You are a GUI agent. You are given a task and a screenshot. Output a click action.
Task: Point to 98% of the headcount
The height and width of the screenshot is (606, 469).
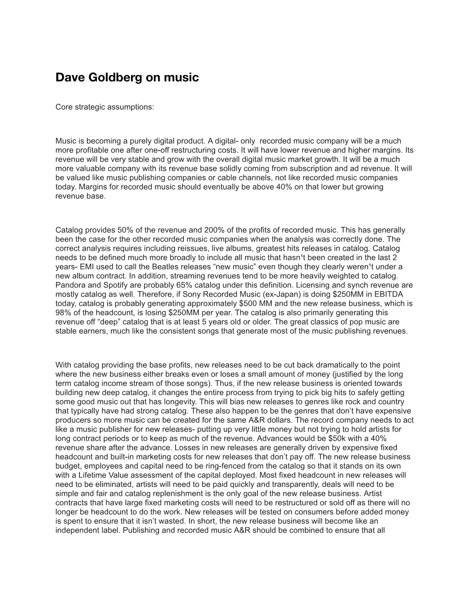(x=63, y=313)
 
